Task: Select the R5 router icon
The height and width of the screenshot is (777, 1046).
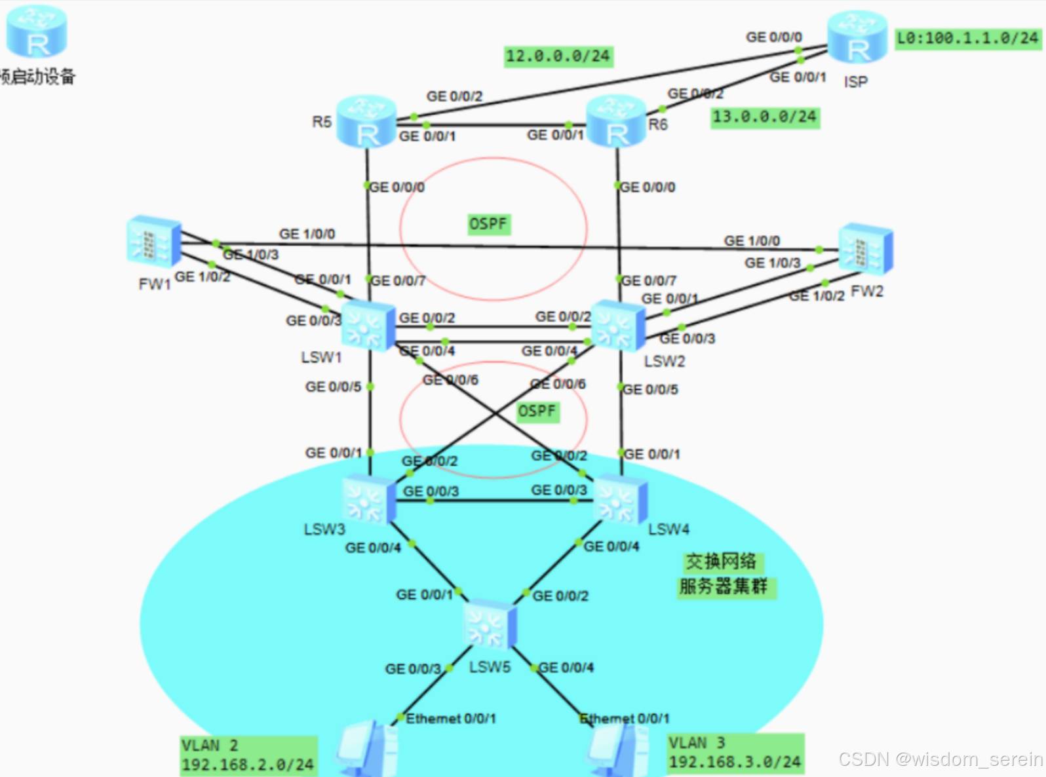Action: click(366, 122)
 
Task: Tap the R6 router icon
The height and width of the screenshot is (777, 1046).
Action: click(616, 121)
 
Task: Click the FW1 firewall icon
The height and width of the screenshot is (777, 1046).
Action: click(154, 242)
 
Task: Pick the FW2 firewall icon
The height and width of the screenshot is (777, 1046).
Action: click(865, 249)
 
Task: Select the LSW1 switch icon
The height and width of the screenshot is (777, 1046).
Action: click(368, 325)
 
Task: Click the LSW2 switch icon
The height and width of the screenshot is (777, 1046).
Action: click(618, 325)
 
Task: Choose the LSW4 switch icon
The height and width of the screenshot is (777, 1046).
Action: click(620, 499)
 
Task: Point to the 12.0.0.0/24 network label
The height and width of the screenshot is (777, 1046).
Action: click(558, 56)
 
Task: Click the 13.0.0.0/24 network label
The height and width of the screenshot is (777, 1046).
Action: click(765, 117)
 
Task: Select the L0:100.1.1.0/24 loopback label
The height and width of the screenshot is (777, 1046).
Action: click(967, 38)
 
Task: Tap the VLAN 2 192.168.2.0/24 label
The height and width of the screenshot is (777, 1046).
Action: click(248, 755)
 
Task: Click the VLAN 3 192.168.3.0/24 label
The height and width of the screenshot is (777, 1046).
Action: click(735, 753)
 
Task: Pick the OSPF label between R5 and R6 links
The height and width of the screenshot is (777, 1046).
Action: click(488, 224)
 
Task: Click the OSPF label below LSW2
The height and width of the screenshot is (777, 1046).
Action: click(537, 411)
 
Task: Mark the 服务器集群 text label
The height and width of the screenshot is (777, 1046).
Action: click(724, 586)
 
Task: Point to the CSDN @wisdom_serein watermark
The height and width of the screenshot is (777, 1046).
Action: click(940, 759)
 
